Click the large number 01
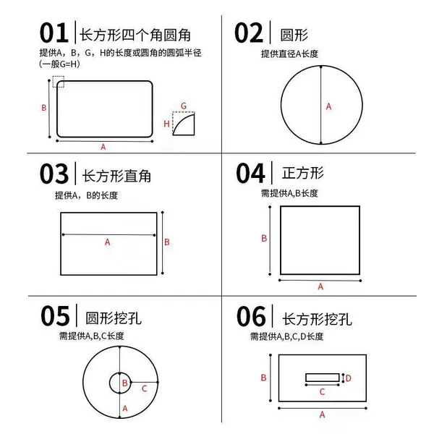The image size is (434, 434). tap(54, 33)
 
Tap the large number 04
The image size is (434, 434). tap(250, 174)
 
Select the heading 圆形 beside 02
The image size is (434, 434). tap(294, 35)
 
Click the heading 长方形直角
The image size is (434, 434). tap(116, 176)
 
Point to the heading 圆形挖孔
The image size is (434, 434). tap(114, 318)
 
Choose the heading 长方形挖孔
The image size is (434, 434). tap(317, 319)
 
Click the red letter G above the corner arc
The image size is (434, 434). tap(184, 106)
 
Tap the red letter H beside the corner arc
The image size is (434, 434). tap(166, 124)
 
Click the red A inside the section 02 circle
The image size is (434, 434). tap(328, 106)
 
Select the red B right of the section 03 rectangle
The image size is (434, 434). tap(167, 242)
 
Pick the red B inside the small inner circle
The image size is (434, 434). tap(125, 383)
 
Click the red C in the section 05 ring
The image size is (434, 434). tap(144, 388)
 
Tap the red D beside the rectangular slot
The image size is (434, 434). tap(349, 378)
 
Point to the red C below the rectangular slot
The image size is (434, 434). tap(322, 392)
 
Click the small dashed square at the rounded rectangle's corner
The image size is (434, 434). tap(59, 82)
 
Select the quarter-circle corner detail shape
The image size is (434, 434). tap(184, 124)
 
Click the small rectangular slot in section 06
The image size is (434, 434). tap(323, 378)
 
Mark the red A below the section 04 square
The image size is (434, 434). tap(320, 286)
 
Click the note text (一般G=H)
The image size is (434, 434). tap(59, 64)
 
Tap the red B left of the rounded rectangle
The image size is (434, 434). tap(43, 108)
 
